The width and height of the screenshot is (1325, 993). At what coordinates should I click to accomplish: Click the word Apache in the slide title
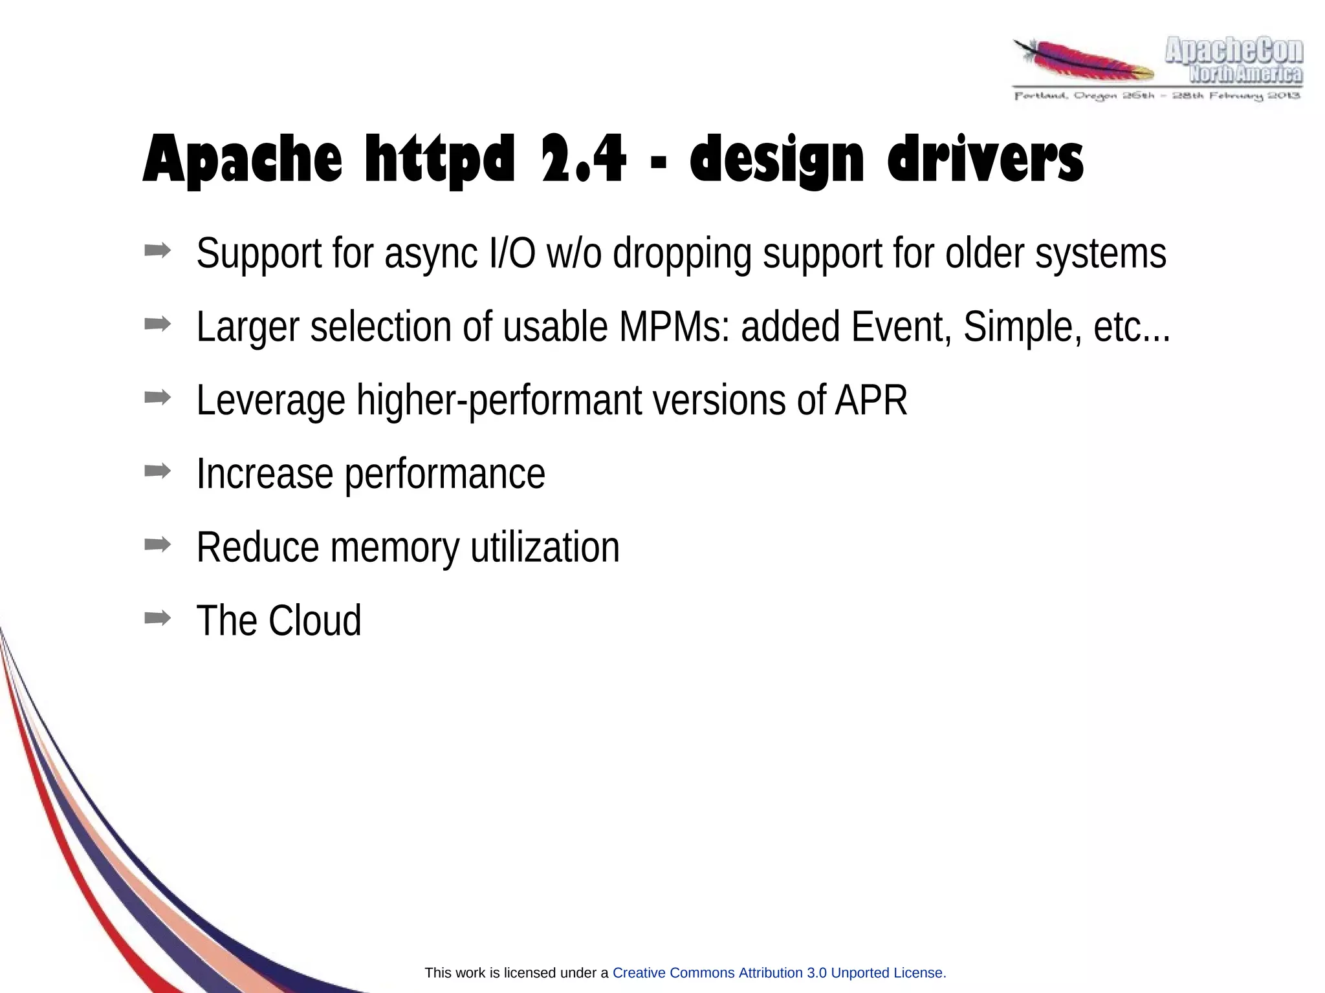click(x=242, y=159)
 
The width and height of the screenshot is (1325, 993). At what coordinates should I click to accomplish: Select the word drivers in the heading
click(x=985, y=159)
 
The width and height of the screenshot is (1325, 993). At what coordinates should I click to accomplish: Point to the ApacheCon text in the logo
click(x=1234, y=51)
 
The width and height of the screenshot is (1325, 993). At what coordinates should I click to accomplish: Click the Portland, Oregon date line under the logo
click(x=1157, y=96)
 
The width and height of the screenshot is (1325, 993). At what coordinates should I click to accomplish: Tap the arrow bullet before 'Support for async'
click(x=157, y=250)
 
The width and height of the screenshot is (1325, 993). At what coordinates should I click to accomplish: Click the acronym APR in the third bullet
click(x=871, y=400)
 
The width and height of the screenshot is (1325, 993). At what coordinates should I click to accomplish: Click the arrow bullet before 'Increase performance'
click(x=157, y=471)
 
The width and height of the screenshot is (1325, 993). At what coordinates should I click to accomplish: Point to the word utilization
click(x=545, y=548)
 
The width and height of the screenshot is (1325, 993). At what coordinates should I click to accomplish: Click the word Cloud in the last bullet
click(x=314, y=621)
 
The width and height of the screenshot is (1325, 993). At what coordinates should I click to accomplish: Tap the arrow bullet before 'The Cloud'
click(x=157, y=618)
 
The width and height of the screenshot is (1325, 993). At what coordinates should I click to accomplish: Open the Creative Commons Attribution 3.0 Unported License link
click(x=778, y=973)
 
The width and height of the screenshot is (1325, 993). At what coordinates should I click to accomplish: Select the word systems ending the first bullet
click(x=1101, y=254)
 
